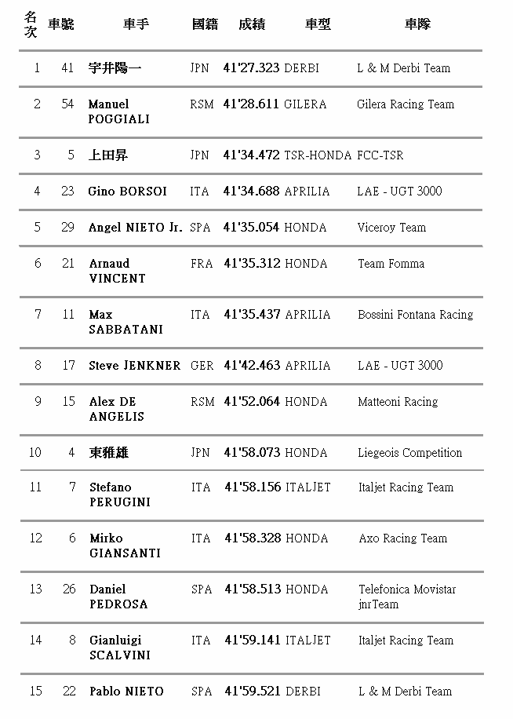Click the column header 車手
(x=136, y=24)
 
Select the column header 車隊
(x=417, y=24)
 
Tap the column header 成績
(x=251, y=24)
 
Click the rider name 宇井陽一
(x=115, y=68)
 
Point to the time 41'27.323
(x=251, y=68)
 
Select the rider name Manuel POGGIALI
(x=118, y=111)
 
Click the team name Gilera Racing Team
(x=405, y=104)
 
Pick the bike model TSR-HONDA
(x=318, y=155)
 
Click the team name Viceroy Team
(x=391, y=228)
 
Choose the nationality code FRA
(x=202, y=264)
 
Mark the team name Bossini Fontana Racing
(x=415, y=315)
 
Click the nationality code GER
(x=202, y=366)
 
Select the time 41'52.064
(x=252, y=402)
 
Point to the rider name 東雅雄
(x=109, y=453)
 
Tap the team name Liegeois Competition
(x=409, y=453)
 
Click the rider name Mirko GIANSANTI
(x=125, y=546)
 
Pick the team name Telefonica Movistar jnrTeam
(x=407, y=597)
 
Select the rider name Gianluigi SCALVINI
(x=119, y=648)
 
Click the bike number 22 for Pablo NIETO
(x=69, y=692)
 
